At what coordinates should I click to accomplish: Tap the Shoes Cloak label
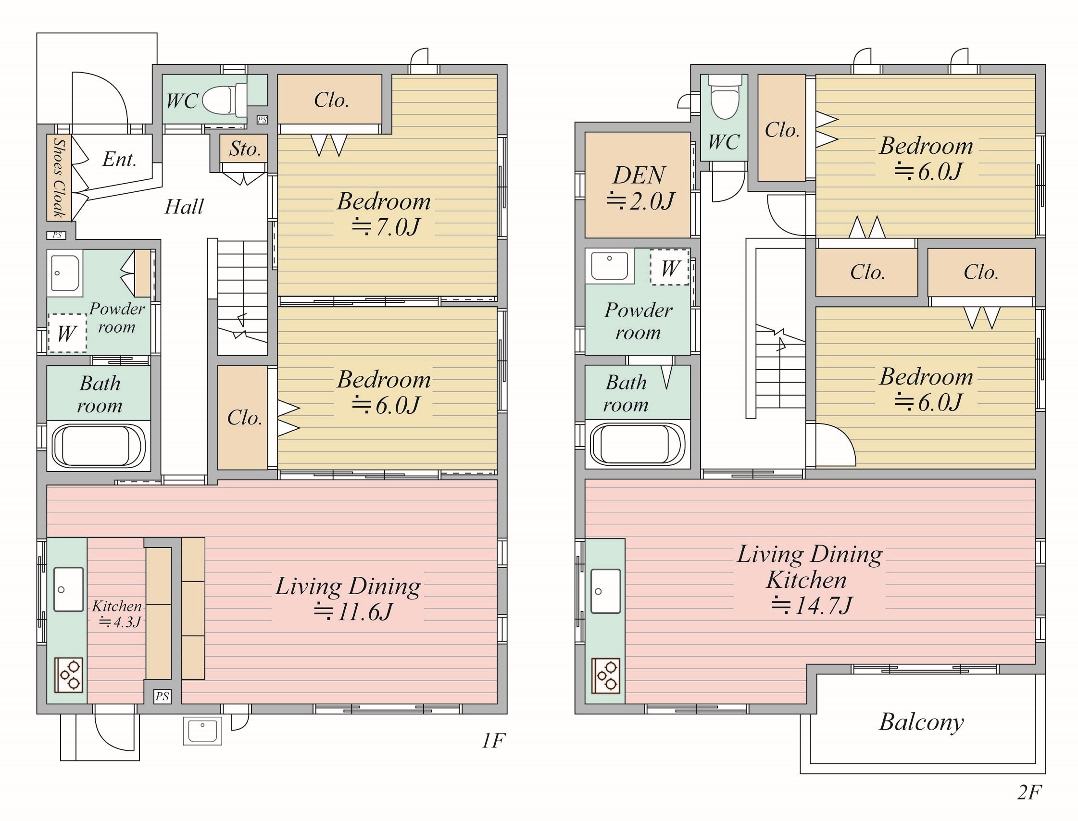59,178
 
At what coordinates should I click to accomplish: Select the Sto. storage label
244,149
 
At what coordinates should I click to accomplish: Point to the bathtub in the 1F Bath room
99,445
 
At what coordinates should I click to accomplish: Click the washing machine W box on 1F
67,333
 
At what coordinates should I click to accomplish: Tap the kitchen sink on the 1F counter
68,589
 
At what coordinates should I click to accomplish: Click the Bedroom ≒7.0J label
384,214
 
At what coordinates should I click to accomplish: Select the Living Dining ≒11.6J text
348,598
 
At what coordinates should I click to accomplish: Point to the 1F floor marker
493,741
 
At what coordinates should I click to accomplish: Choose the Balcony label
921,723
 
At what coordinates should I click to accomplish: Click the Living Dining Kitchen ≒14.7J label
810,580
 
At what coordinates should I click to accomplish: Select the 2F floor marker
1029,792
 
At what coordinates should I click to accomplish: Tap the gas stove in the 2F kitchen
606,676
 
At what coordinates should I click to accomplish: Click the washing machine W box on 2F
669,267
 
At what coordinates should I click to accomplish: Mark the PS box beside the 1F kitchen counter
162,697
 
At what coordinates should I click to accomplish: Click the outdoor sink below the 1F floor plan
202,731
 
